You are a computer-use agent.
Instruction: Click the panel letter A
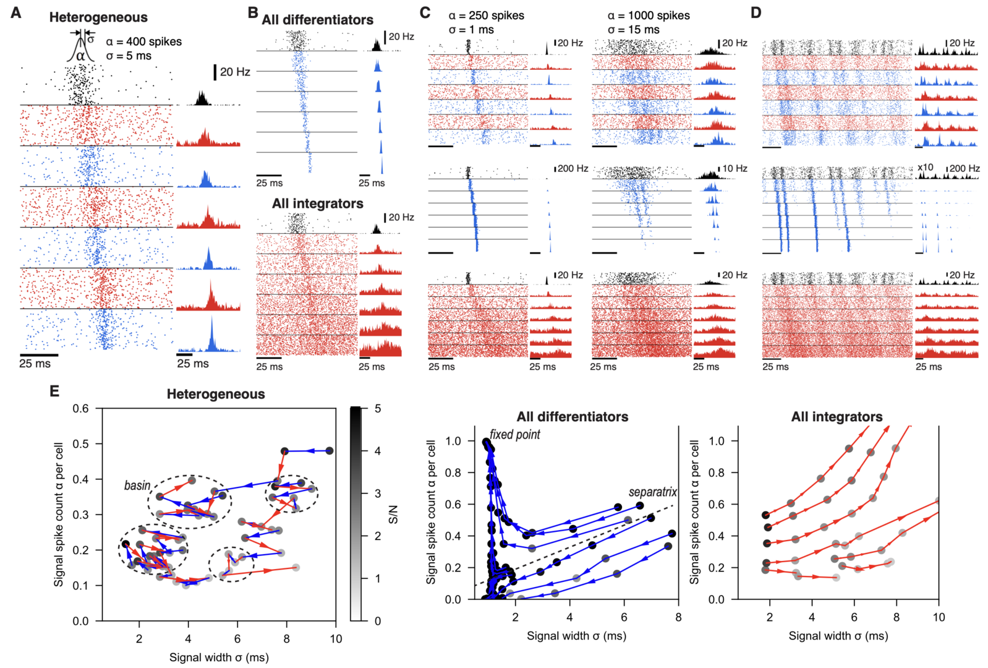(x=16, y=12)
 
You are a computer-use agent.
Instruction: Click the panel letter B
(x=252, y=12)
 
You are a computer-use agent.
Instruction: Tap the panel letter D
(x=755, y=12)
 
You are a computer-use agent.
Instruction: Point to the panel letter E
(x=54, y=391)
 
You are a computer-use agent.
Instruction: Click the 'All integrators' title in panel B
(x=317, y=203)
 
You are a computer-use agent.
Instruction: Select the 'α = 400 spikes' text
(x=143, y=42)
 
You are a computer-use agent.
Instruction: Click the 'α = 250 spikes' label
(x=486, y=15)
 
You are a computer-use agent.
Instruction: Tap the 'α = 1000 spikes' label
(x=648, y=15)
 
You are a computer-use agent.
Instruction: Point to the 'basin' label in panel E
(x=137, y=486)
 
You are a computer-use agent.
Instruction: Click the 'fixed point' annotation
(x=515, y=435)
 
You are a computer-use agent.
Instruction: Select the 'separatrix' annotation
(x=652, y=492)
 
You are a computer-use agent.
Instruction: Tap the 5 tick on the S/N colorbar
(x=378, y=409)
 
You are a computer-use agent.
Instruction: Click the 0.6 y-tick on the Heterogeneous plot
(x=81, y=409)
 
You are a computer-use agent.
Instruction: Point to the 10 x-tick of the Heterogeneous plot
(x=336, y=639)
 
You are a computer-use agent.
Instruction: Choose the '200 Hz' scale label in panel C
(x=573, y=168)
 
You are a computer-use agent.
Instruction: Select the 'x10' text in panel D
(x=925, y=168)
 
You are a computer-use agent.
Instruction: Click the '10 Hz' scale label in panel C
(x=735, y=168)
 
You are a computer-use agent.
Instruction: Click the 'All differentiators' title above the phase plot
(x=572, y=417)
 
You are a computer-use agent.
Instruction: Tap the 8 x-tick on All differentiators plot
(x=678, y=617)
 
